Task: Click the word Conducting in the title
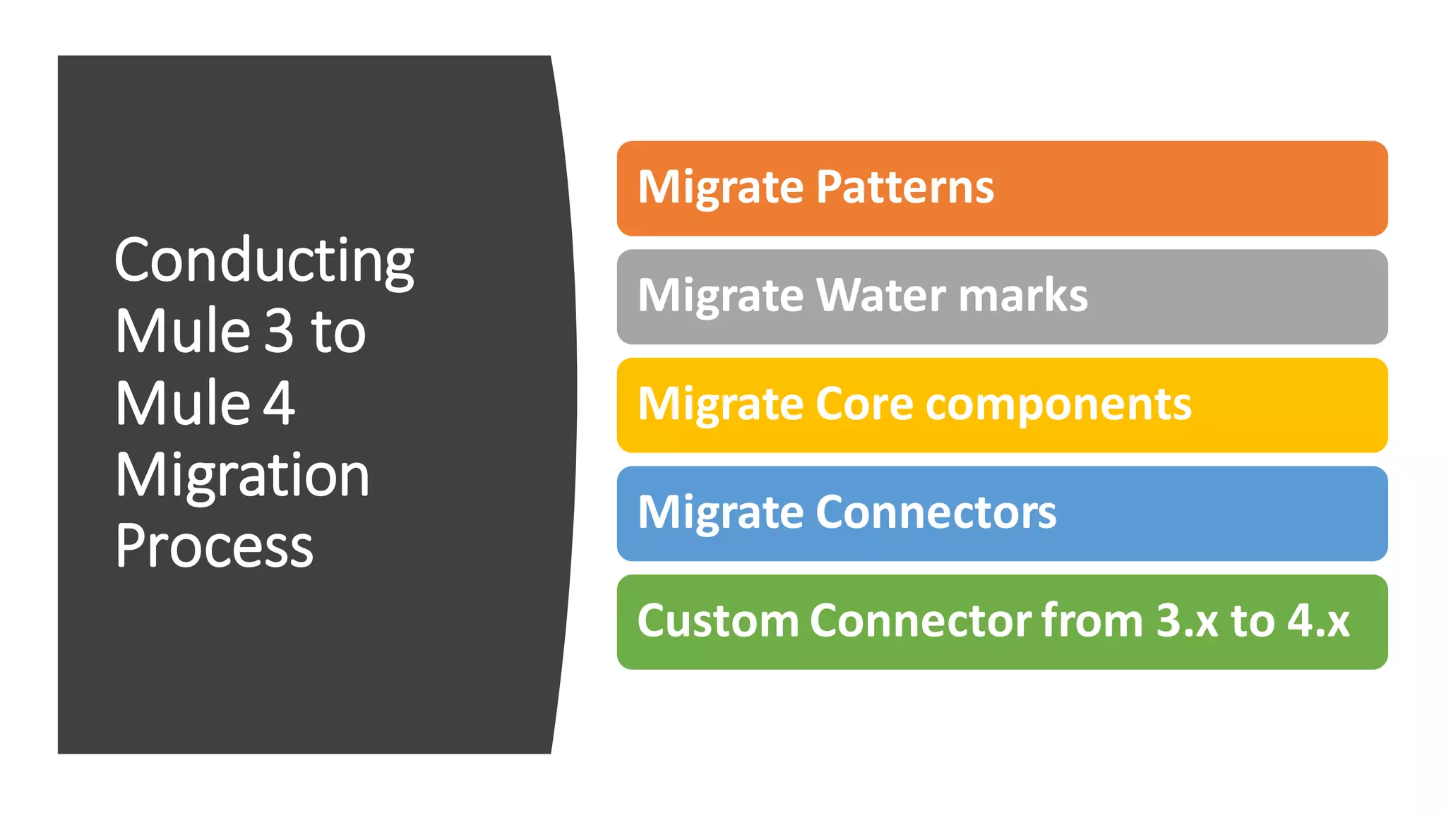[264, 261]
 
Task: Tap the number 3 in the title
[279, 331]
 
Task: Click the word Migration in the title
[242, 476]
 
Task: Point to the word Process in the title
[214, 546]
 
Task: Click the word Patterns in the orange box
[905, 188]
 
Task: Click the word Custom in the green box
[717, 621]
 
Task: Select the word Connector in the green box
[921, 621]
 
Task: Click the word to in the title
[338, 331]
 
